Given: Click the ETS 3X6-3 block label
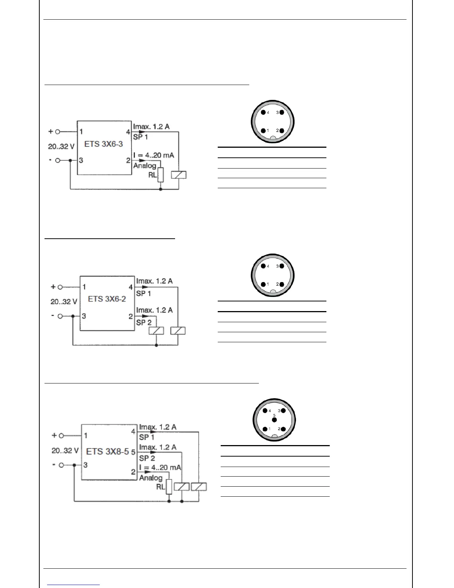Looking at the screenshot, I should tap(103, 144).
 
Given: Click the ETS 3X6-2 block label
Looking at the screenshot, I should tap(107, 299).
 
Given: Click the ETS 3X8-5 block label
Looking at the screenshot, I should tap(107, 452).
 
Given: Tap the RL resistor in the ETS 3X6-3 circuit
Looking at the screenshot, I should tap(161, 175).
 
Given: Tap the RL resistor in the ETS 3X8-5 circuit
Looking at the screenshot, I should tap(169, 487).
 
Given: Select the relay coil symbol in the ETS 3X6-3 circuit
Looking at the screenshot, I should tap(179, 175).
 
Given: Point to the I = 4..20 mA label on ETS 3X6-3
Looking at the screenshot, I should tap(154, 155).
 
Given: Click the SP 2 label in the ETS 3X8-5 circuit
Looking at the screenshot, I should tap(147, 458).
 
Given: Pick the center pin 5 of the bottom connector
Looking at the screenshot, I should tap(274, 420).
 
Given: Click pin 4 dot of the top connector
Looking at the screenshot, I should tap(263, 112).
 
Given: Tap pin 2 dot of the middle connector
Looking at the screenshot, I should tap(282, 284).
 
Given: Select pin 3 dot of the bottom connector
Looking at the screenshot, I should tap(284, 411).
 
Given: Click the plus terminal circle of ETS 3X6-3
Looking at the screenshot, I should tap(57, 131).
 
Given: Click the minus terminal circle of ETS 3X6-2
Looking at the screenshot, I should tap(60, 316).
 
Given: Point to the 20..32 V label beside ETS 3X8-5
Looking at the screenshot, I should tap(65, 451).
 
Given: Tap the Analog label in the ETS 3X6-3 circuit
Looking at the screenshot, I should tap(145, 166).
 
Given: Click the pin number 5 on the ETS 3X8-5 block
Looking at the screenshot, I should tap(133, 453).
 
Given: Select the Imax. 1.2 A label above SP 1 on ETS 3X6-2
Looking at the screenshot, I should tap(154, 281).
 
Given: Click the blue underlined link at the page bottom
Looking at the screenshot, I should tap(73, 585).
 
